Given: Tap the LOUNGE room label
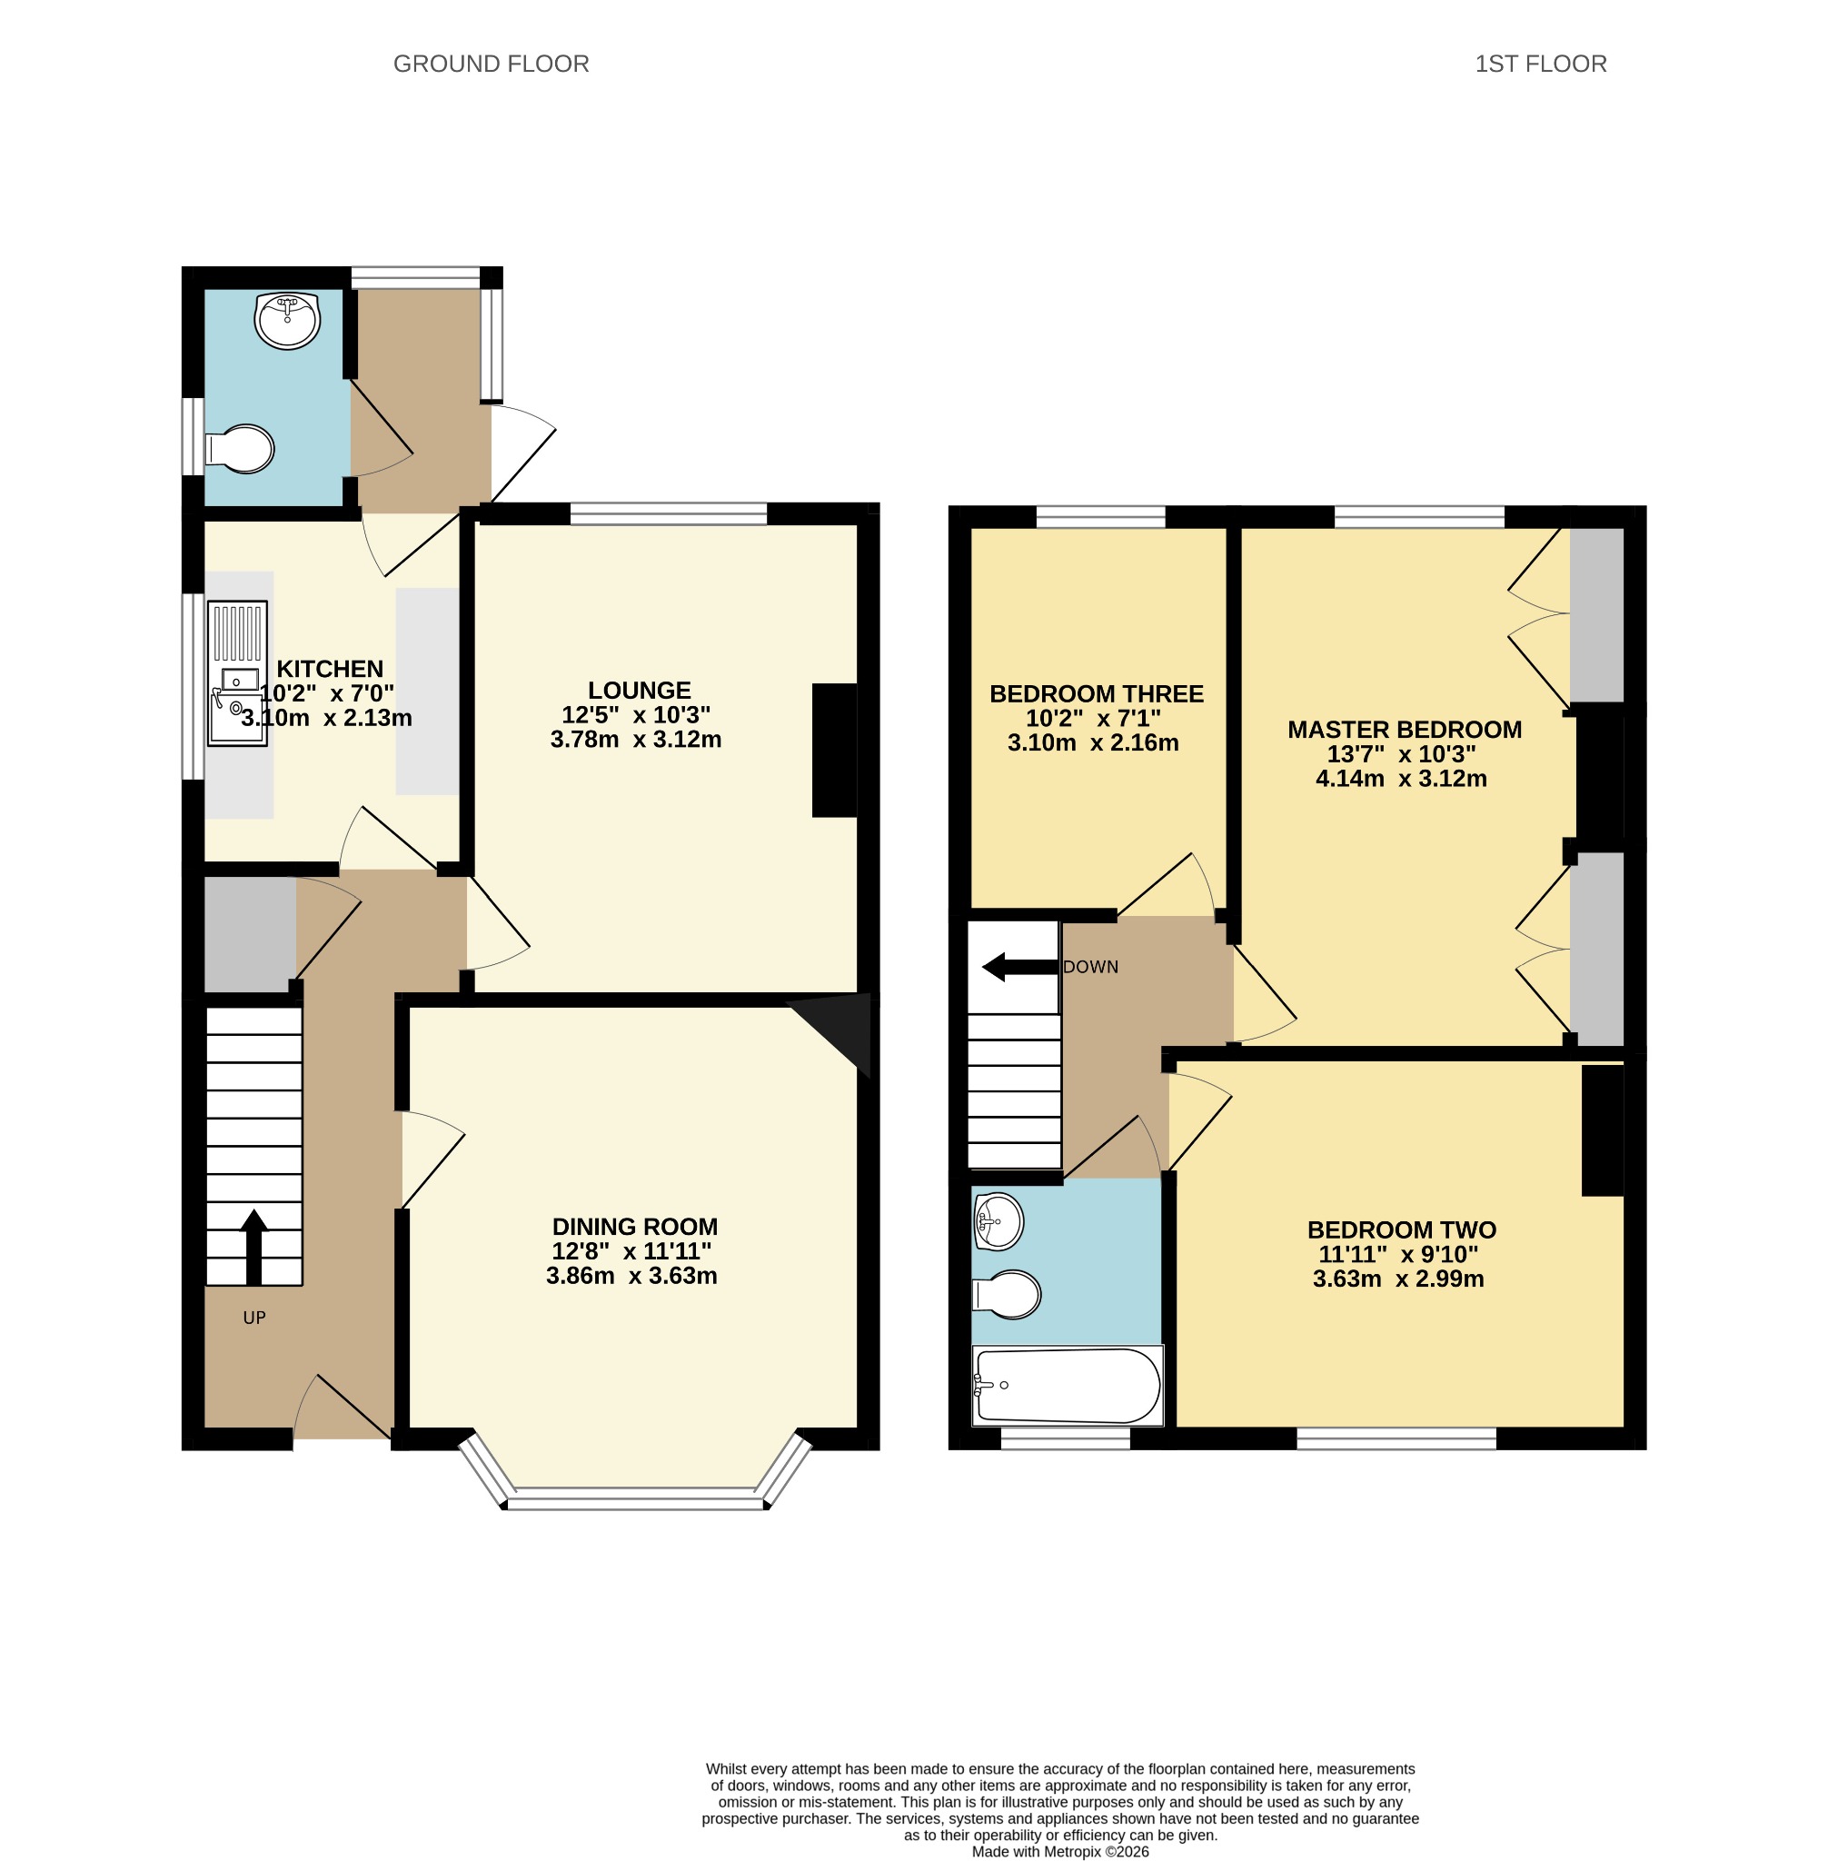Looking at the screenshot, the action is (640, 690).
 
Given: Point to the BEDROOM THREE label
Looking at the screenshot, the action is (1097, 693).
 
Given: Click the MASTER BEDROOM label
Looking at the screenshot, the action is (1405, 729).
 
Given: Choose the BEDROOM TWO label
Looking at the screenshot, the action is (1402, 1229).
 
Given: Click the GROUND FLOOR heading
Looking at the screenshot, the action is (491, 64).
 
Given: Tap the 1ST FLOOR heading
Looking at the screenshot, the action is (1540, 64).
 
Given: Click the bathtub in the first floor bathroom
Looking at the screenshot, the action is (1068, 1385).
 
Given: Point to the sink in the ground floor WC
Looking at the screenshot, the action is (287, 321).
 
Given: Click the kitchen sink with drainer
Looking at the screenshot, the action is (237, 673).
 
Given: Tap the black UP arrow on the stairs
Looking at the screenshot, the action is (253, 1247).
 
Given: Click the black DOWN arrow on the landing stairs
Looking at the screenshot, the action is (1019, 967).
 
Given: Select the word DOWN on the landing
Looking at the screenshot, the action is (1090, 967).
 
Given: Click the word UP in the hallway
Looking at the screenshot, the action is (254, 1318).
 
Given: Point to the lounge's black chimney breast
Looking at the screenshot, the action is (834, 750).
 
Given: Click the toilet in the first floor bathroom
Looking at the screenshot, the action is (1008, 1295).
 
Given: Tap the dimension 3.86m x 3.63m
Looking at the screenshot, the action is (631, 1275).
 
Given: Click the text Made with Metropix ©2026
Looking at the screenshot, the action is (1060, 1851).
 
